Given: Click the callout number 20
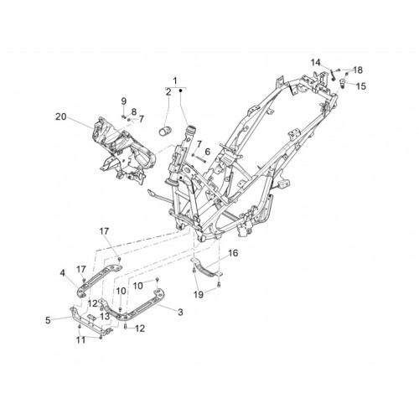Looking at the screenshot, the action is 61,116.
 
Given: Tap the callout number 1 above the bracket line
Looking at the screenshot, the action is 175,81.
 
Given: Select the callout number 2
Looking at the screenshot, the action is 168,91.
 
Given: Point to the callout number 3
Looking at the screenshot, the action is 180,312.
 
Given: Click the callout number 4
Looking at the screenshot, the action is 62,272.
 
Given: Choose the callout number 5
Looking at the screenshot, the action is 48,320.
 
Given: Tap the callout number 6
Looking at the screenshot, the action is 207,152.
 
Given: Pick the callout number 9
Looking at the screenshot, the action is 124,101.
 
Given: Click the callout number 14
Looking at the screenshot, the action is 316,62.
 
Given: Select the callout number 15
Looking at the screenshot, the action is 360,86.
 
